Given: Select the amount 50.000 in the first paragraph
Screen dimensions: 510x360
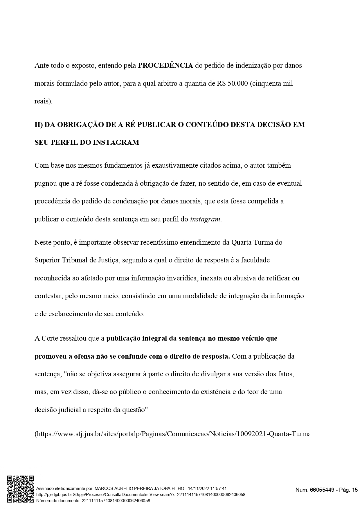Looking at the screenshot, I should coord(238,83).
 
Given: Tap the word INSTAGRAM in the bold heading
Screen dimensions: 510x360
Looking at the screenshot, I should coord(116,142).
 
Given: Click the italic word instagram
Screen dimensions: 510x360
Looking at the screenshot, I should coord(205,219).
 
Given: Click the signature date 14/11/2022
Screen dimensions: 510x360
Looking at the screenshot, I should coord(199,488).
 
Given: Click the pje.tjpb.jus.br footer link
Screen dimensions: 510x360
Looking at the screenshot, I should coord(141,494).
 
